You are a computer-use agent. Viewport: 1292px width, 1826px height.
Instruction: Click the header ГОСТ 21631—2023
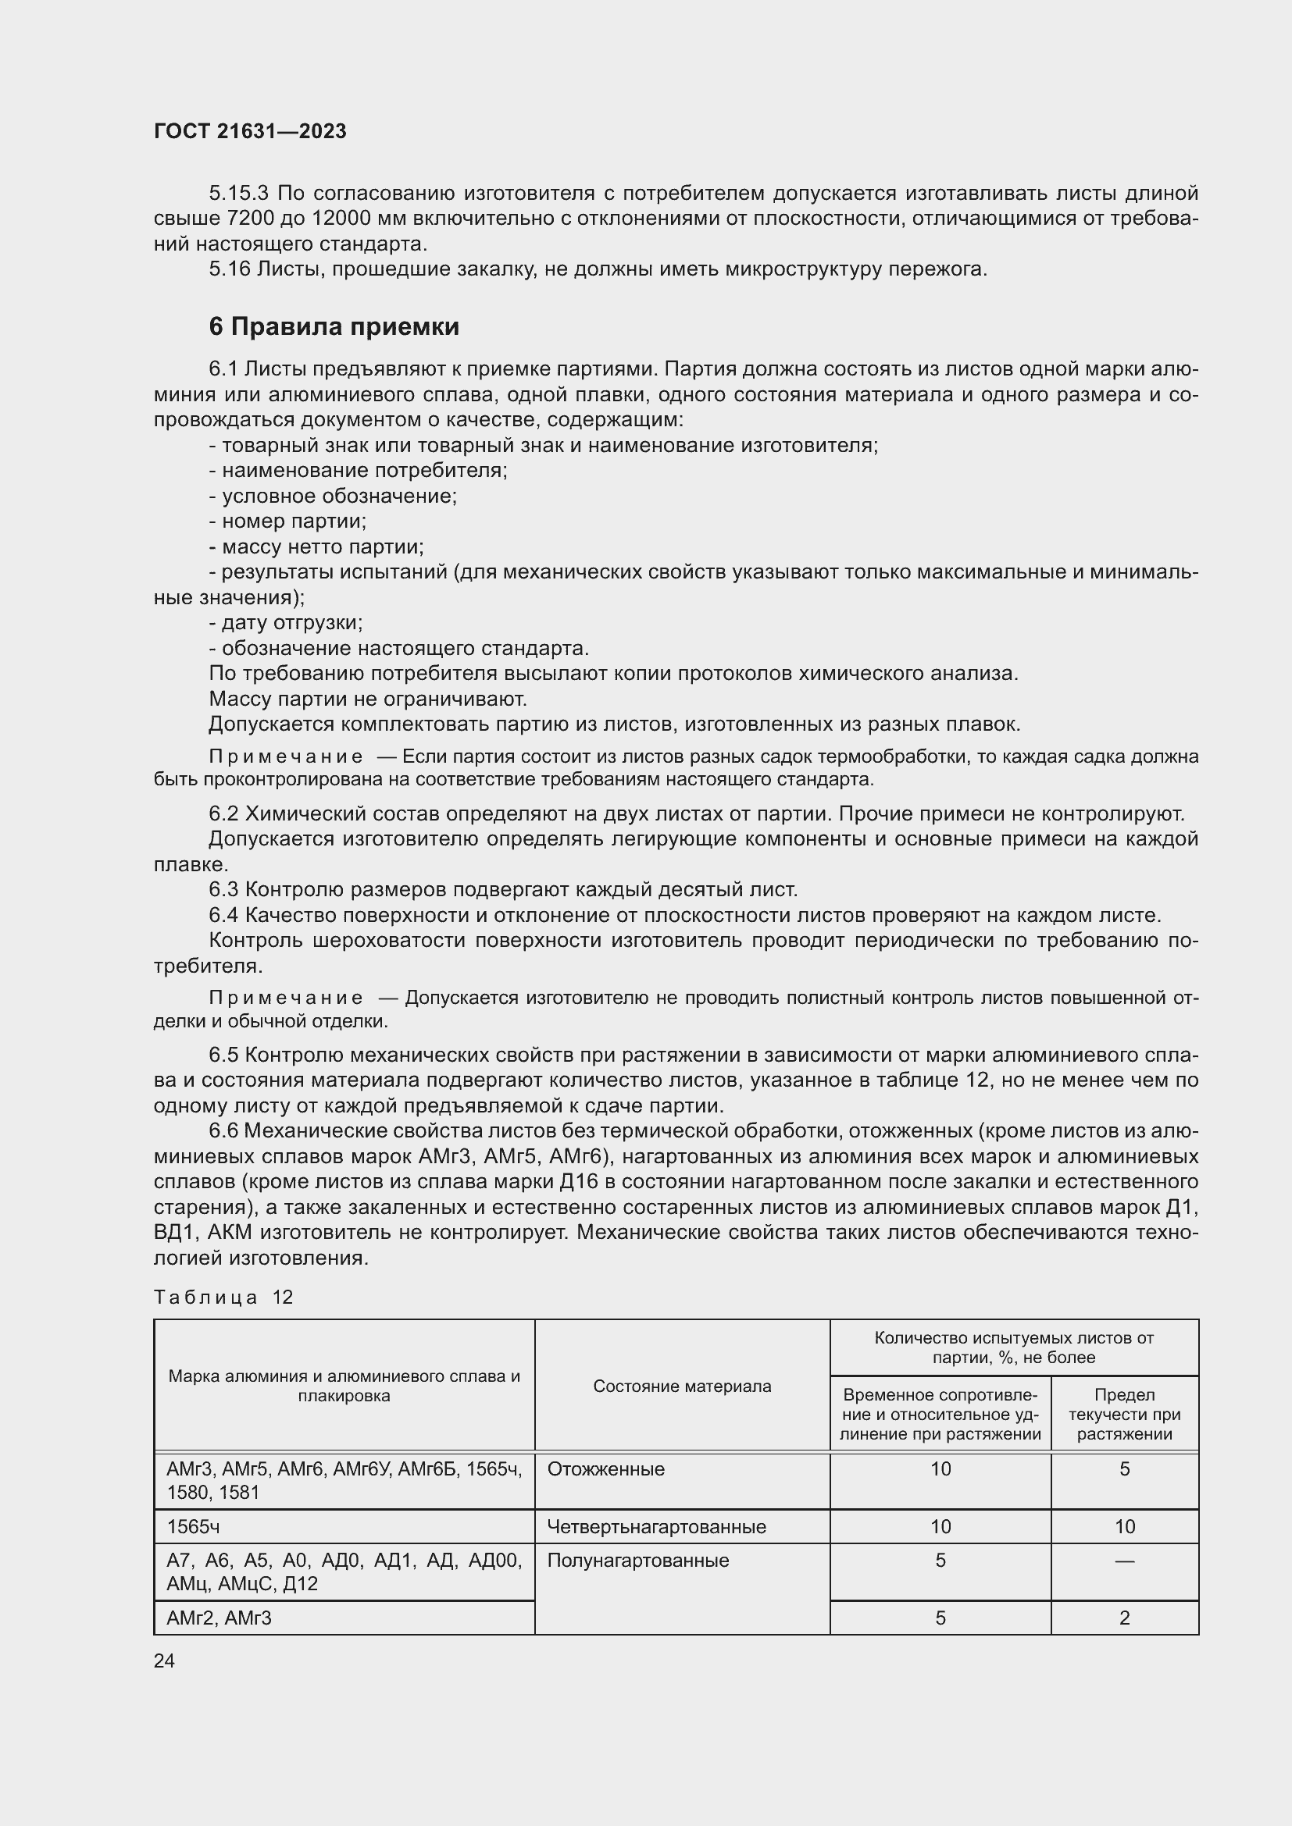pyautogui.click(x=250, y=131)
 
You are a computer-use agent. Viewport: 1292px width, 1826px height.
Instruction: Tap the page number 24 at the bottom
pyautogui.click(x=164, y=1660)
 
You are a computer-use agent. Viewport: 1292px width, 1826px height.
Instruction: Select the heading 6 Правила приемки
pyautogui.click(x=334, y=327)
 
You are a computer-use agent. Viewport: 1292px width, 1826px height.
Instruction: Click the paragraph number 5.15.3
pyautogui.click(x=240, y=194)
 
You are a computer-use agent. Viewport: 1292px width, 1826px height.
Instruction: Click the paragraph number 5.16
pyautogui.click(x=230, y=269)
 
